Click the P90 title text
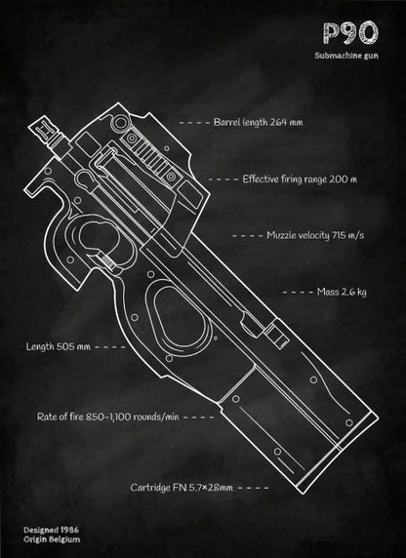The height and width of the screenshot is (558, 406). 350,33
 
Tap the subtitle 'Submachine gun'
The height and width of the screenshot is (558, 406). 346,56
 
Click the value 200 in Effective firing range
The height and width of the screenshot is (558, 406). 336,179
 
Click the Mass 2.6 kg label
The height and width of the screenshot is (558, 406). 342,292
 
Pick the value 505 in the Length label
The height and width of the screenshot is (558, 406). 64,346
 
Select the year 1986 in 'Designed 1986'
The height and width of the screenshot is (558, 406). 69,530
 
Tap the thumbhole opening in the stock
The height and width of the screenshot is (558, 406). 182,318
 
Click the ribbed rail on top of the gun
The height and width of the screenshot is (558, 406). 150,157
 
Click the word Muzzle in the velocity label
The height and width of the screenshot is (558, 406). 281,235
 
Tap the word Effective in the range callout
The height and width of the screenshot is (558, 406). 260,179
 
